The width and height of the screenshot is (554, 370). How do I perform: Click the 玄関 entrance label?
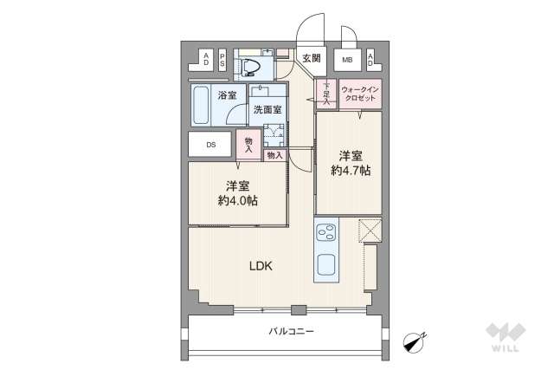(312, 59)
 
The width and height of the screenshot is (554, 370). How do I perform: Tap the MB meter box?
(347, 60)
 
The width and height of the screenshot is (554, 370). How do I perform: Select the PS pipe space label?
(222, 60)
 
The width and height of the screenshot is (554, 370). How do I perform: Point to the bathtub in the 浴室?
(202, 106)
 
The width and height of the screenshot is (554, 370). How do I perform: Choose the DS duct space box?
(209, 144)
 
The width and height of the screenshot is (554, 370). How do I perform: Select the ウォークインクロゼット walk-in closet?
(359, 94)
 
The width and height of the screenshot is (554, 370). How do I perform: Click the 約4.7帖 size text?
(350, 171)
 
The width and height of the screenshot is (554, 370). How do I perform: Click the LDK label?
(261, 266)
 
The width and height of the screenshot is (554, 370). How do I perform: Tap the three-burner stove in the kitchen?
(327, 234)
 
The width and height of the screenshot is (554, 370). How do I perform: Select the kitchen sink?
(327, 265)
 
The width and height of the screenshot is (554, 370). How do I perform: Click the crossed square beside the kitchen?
(370, 231)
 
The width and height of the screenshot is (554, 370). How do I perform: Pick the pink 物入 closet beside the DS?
(249, 144)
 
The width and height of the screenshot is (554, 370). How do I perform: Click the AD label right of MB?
(370, 60)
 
